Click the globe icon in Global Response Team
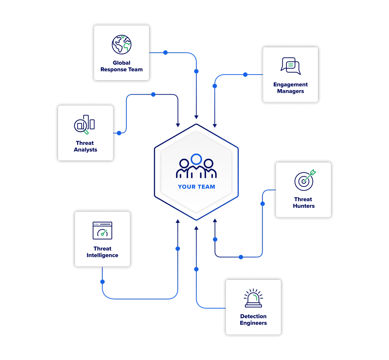coord(121,45)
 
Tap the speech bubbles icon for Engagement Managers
coord(290,66)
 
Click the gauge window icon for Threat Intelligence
coord(102,230)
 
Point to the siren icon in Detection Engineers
coord(253,298)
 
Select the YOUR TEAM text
coord(196,187)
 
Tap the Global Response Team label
coord(121,66)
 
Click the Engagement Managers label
coord(290,88)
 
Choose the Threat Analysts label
coord(85,147)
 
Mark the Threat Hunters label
coord(304,203)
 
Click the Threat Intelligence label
coord(102,252)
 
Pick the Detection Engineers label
coord(253,320)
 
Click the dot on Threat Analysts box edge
coord(119,133)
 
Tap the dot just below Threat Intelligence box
coord(103,281)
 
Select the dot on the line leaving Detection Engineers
coord(196,269)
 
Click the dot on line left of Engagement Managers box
coord(245,75)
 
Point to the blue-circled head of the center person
coord(196,159)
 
